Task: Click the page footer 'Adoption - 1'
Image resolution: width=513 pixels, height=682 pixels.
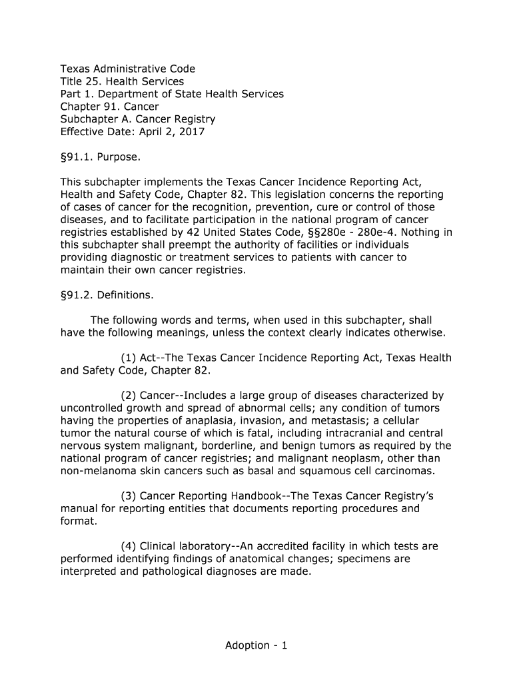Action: [256, 645]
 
